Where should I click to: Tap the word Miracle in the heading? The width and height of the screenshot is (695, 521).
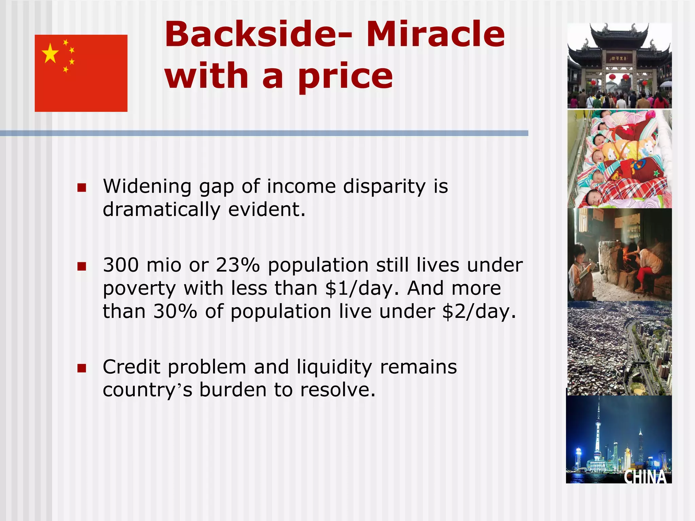(x=435, y=34)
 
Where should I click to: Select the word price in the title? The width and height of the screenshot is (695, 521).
(x=345, y=76)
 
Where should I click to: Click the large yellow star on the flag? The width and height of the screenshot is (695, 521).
(x=50, y=53)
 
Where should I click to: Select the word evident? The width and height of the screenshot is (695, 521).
(x=266, y=209)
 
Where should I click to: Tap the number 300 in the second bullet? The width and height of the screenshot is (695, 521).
(x=121, y=265)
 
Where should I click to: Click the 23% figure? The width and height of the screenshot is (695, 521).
(x=238, y=265)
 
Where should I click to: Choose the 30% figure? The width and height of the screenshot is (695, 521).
(x=175, y=311)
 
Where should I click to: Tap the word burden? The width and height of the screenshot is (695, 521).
(x=232, y=390)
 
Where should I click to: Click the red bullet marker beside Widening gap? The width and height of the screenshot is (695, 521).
(x=81, y=188)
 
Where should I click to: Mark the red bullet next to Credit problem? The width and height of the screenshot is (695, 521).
(x=81, y=368)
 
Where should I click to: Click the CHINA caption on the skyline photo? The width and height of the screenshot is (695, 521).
(x=645, y=477)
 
